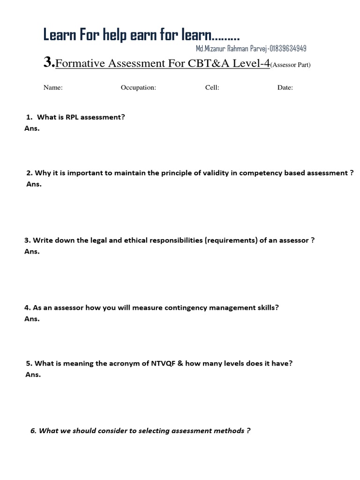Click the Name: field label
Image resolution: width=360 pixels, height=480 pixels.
tap(53, 88)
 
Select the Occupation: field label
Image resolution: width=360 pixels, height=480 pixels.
tap(138, 88)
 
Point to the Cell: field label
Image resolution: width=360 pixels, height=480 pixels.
tap(212, 88)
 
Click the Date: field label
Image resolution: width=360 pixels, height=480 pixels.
tap(285, 88)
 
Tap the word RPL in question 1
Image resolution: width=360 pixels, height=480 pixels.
tap(71, 117)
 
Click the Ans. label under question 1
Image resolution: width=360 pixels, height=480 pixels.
tap(32, 128)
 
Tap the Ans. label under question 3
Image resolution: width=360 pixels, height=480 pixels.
tap(32, 251)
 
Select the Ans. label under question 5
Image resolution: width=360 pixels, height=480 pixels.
tap(33, 375)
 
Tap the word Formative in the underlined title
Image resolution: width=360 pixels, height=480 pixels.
tap(80, 64)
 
